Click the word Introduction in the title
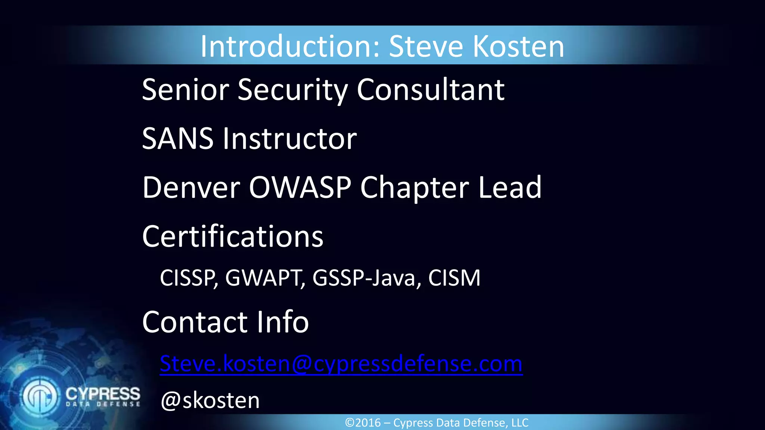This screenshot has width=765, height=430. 289,46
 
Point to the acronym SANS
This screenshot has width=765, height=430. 178,138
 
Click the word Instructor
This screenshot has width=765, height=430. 290,138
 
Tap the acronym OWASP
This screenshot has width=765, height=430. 300,187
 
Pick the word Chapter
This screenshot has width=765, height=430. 414,188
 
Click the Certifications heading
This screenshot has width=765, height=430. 233,236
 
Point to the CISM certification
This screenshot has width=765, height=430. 454,278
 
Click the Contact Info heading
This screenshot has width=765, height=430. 226,322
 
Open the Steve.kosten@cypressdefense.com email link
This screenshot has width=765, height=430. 341,364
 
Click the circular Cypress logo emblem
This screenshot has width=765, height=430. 40,396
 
